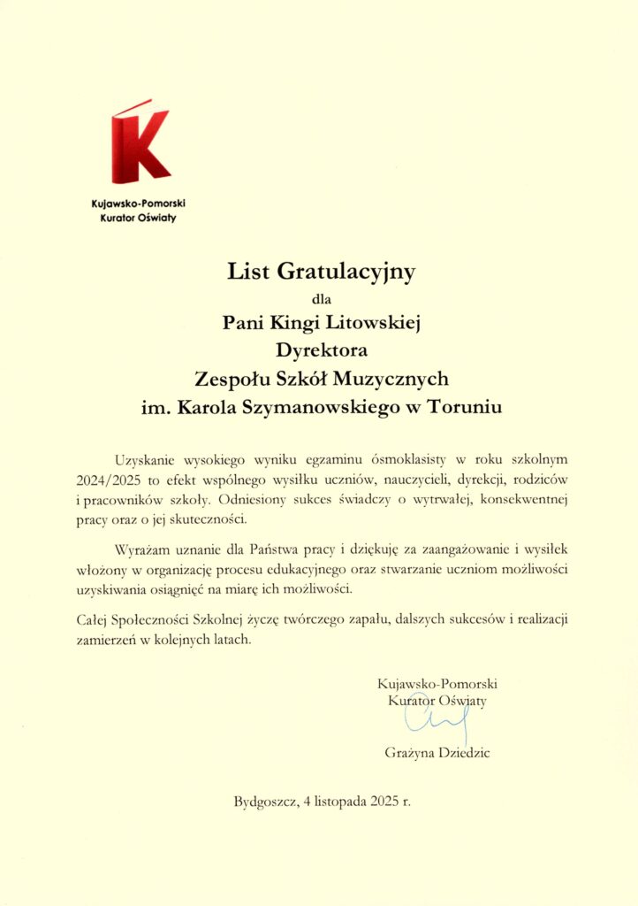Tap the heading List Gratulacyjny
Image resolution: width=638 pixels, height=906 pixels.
320,272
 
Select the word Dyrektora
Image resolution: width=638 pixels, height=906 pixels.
321,350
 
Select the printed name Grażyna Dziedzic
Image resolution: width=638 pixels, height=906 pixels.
437,754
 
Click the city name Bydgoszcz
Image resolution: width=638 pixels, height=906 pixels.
264,803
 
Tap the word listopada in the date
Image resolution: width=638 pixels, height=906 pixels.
333,803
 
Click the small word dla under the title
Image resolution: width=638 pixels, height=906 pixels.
320,297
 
